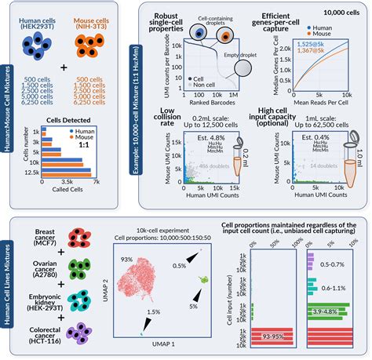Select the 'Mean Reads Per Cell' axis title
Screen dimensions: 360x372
pyautogui.click(x=321, y=100)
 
